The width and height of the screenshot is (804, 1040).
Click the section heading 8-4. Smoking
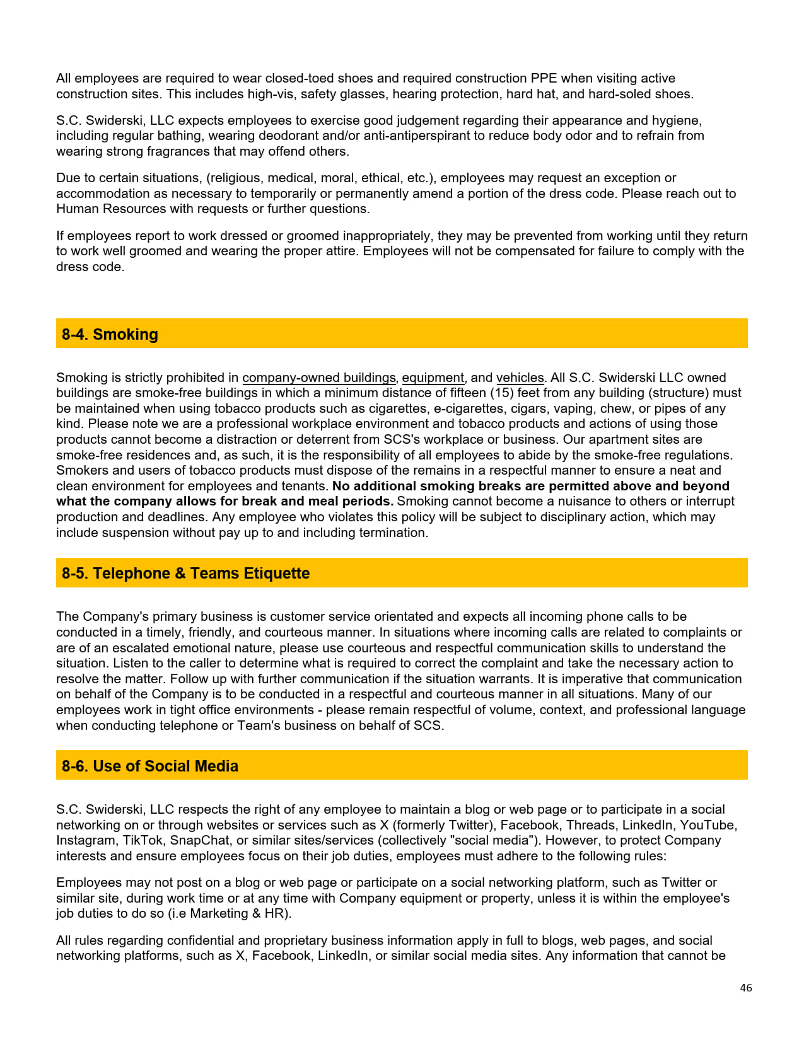(110, 334)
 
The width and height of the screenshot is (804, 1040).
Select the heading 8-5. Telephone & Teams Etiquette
(185, 573)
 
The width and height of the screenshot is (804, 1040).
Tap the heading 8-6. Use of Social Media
(149, 766)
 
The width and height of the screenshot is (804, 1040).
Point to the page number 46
(746, 988)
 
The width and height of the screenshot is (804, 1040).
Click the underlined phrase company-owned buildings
(318, 378)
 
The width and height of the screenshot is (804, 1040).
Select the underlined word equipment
(433, 378)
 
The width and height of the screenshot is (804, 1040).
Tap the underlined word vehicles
(520, 378)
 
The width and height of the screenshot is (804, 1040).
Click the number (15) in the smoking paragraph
(502, 393)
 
